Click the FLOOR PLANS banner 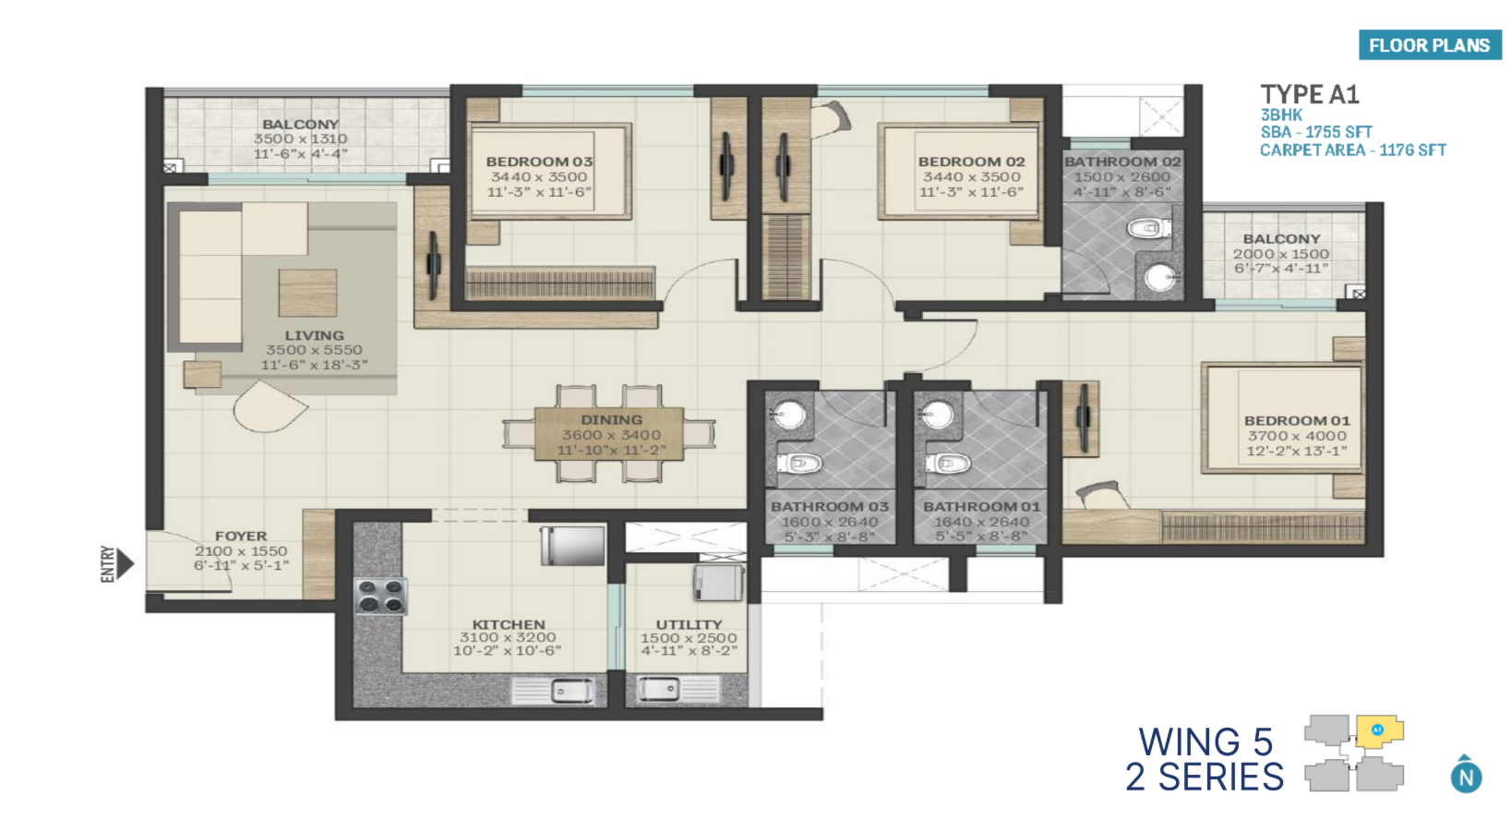[x=1430, y=45]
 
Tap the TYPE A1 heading [x=1309, y=94]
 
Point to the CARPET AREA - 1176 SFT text [x=1352, y=150]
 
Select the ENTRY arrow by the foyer [x=125, y=563]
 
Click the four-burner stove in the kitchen [x=380, y=597]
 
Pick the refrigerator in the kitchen [x=572, y=546]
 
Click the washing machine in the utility [x=719, y=583]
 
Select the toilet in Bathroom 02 [x=1148, y=228]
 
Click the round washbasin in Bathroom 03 [x=788, y=414]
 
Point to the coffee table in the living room [x=307, y=293]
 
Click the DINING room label [x=611, y=420]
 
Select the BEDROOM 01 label [x=1297, y=420]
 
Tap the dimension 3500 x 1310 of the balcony [x=300, y=139]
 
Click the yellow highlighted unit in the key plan [x=1379, y=731]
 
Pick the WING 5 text [x=1205, y=742]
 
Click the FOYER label [x=241, y=536]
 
